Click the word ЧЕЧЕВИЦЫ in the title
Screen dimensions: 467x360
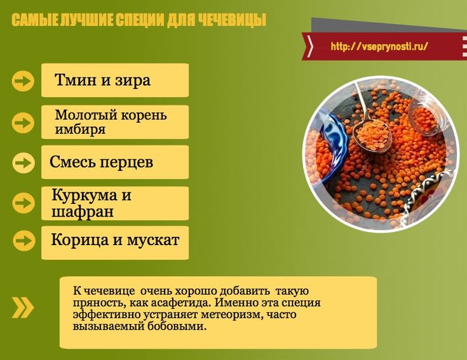click(x=232, y=20)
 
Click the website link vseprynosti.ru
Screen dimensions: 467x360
click(x=379, y=46)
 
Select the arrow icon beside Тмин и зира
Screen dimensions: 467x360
click(x=23, y=81)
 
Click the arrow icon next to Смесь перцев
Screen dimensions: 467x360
click(x=24, y=163)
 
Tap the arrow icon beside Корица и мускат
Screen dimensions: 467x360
click(x=24, y=240)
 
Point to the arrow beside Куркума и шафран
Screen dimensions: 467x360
click(x=24, y=203)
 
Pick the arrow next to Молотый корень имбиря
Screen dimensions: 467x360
click(x=23, y=122)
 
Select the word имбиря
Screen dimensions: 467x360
click(x=80, y=129)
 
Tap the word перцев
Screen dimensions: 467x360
click(x=126, y=163)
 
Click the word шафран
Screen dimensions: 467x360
click(x=83, y=212)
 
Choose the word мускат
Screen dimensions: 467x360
click(x=153, y=240)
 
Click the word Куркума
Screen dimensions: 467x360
click(x=85, y=196)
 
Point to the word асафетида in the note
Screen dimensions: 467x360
click(x=180, y=303)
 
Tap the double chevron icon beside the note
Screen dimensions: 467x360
click(x=23, y=307)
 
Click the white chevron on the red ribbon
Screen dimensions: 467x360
click(x=310, y=46)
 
